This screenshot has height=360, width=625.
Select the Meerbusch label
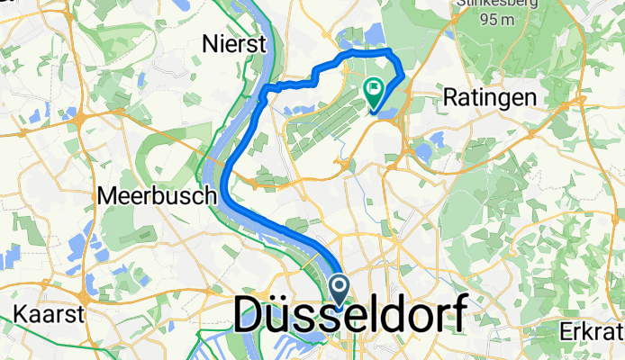pos(157,194)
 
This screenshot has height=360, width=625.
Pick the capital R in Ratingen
pos(453,96)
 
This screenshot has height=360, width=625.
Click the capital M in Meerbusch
pos(106,194)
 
